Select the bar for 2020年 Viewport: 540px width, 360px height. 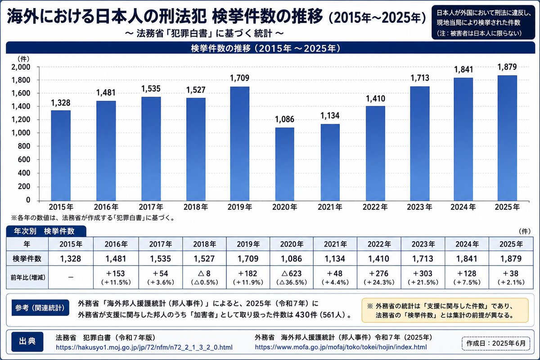coord(285,164)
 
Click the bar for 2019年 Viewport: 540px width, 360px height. coord(239,144)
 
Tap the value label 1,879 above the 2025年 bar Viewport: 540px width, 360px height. coord(507,67)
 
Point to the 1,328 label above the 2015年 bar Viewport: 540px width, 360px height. coord(61,103)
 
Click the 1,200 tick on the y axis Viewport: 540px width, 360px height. coord(21,120)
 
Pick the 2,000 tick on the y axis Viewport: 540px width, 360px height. coord(21,67)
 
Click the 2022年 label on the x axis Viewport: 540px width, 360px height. coord(375,207)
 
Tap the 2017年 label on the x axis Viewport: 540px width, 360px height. coord(151,207)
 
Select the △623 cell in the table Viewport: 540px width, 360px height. coord(292,277)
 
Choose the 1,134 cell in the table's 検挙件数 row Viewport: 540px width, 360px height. coord(335,259)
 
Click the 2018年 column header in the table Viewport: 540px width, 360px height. coord(204,244)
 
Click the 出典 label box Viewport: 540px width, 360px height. coord(27,342)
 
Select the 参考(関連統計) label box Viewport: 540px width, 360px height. coord(40,308)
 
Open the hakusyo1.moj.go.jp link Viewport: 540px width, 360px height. coord(144,347)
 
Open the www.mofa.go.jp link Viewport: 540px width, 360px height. coord(341,347)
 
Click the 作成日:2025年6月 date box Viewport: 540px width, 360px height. coord(496,343)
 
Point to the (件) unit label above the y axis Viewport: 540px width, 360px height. coord(23,58)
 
